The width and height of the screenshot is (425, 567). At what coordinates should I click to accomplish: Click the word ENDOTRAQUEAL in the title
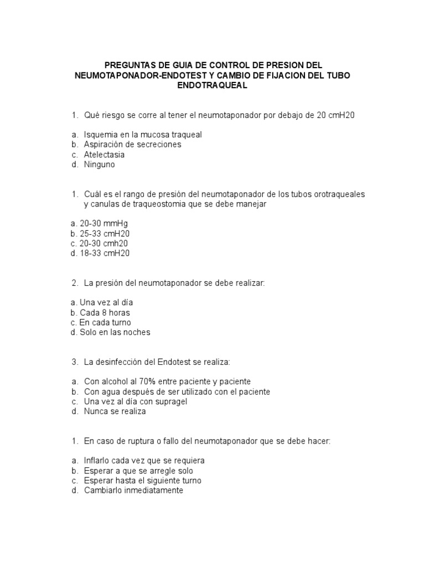212,86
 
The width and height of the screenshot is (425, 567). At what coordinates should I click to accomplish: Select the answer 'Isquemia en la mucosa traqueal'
143,135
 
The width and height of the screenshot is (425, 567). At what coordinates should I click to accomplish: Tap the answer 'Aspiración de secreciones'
133,145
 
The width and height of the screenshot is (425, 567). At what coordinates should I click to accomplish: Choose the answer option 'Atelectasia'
104,154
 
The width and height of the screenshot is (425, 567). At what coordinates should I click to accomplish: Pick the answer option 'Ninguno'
100,164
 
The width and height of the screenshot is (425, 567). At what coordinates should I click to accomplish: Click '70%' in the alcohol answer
151,382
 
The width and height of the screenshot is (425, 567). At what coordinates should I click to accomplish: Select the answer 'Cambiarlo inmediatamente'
133,491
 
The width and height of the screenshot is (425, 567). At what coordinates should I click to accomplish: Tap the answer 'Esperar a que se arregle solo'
138,471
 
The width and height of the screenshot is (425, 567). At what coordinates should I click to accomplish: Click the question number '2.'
75,283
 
